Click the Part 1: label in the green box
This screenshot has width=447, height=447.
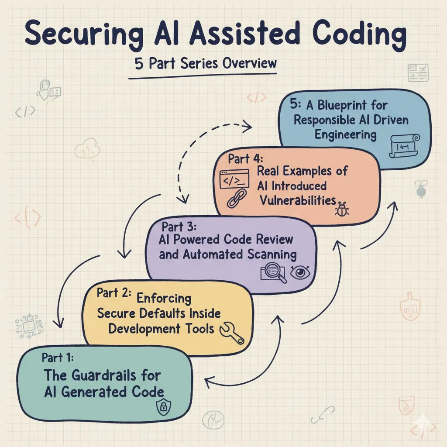tap(58, 358)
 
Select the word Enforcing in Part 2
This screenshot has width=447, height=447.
tap(164, 299)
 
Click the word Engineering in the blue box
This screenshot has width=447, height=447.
tap(345, 134)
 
